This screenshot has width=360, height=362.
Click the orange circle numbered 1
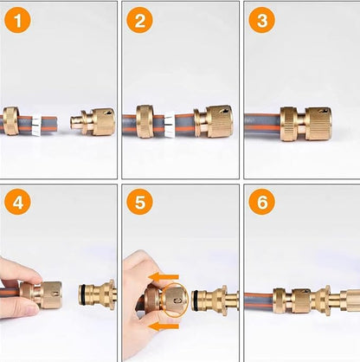click(17, 20)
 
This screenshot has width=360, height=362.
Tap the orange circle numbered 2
click(140, 20)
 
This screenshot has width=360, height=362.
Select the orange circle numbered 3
click(262, 20)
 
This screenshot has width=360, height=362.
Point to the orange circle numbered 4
click(17, 202)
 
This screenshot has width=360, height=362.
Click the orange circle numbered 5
click(140, 202)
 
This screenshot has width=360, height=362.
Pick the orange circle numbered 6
click(262, 202)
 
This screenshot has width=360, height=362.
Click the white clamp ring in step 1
click(36, 126)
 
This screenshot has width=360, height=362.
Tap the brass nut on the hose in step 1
click(11, 120)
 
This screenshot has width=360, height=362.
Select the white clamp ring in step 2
click(169, 125)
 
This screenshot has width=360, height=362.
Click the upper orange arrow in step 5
click(164, 277)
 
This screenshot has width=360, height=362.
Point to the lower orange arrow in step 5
click(164, 326)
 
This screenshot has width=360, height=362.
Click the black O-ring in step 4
click(83, 294)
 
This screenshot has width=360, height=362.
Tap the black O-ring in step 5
click(196, 301)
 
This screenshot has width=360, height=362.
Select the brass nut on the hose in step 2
click(145, 121)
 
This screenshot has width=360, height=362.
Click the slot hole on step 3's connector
click(322, 111)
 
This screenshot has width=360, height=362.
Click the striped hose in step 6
click(259, 301)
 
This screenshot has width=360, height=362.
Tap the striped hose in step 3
click(263, 123)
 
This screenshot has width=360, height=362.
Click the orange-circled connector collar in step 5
click(175, 301)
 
